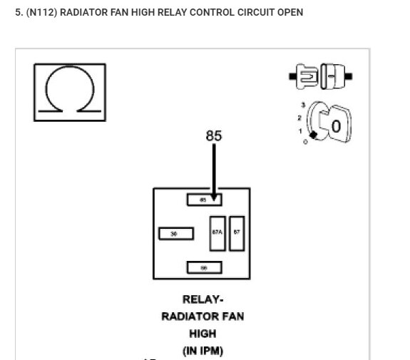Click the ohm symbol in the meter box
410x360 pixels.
point(69,92)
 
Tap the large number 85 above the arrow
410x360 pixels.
point(213,135)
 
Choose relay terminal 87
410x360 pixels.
point(237,233)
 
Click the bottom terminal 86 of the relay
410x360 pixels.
point(204,267)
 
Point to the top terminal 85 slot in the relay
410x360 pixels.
point(204,200)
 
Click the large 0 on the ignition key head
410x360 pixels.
point(336,128)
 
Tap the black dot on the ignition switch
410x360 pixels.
point(312,135)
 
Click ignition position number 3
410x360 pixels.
point(303,105)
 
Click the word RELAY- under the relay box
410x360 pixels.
point(203,299)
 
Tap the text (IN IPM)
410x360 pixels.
point(203,350)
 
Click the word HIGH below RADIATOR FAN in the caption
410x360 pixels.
point(203,333)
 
